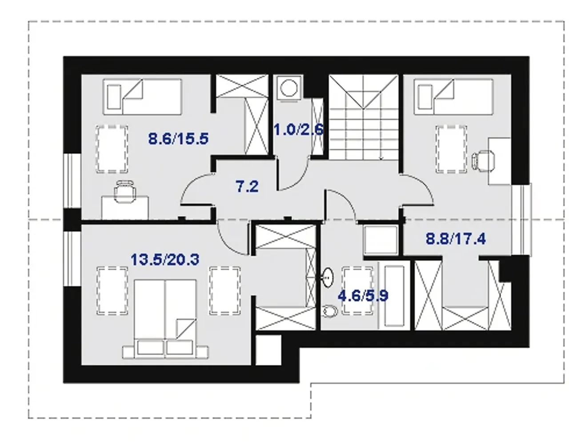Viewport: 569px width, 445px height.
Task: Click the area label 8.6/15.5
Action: pyautogui.click(x=178, y=138)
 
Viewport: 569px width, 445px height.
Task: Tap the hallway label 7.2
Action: pyautogui.click(x=247, y=186)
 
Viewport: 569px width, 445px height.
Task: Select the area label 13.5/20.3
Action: pyautogui.click(x=165, y=259)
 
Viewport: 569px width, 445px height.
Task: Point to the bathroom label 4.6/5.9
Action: pyautogui.click(x=363, y=296)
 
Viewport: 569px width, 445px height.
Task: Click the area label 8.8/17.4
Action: pyautogui.click(x=456, y=239)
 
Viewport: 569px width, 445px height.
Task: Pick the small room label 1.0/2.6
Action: pyautogui.click(x=299, y=129)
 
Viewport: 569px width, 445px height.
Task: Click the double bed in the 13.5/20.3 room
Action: pyautogui.click(x=165, y=319)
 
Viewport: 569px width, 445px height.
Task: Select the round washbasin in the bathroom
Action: pyautogui.click(x=328, y=277)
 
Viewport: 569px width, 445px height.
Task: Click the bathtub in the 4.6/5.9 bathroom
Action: pyautogui.click(x=394, y=296)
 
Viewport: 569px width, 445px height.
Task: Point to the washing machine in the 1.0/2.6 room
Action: pyautogui.click(x=289, y=88)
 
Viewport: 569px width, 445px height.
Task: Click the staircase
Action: pyautogui.click(x=364, y=117)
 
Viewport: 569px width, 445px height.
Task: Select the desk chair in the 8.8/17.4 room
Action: pyautogui.click(x=483, y=161)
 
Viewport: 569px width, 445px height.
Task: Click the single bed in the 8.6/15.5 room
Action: pyautogui.click(x=142, y=97)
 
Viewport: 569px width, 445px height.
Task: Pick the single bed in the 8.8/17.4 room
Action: pyautogui.click(x=453, y=97)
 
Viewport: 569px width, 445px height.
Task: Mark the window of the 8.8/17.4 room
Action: pyautogui.click(x=522, y=220)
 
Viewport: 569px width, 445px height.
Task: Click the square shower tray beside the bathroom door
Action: pyautogui.click(x=381, y=240)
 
